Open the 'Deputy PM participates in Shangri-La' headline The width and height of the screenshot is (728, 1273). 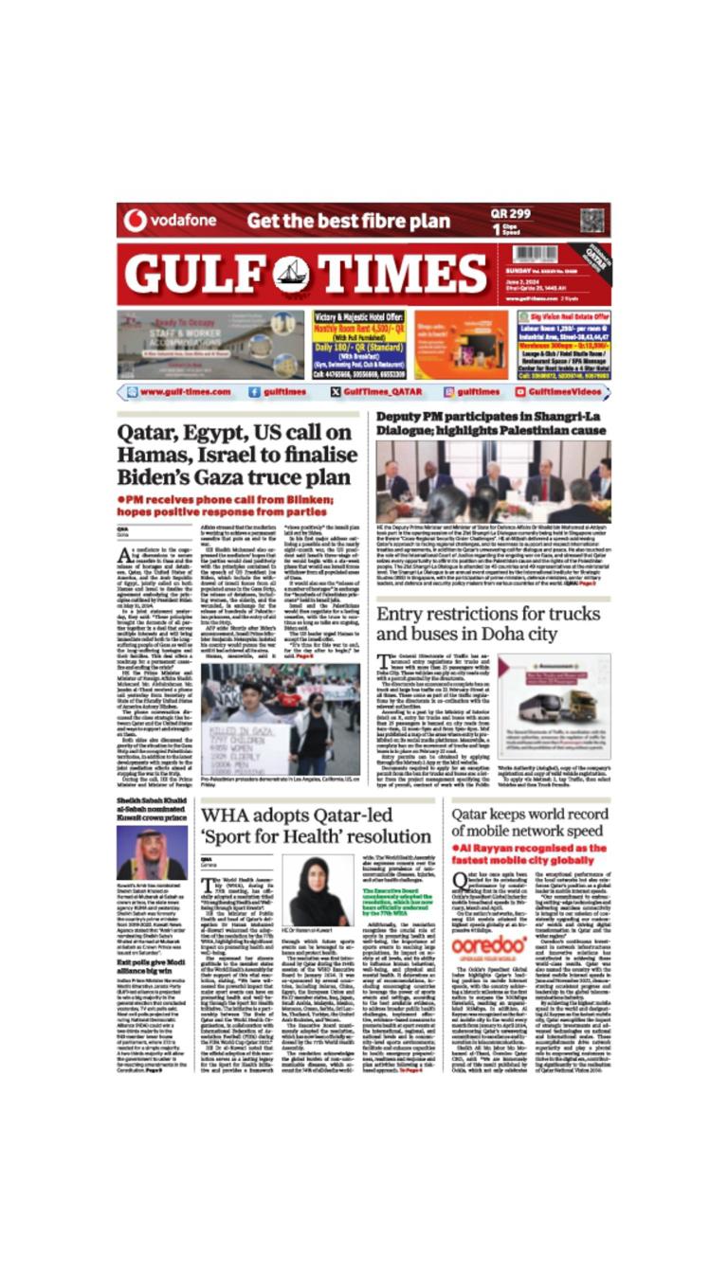tap(491, 422)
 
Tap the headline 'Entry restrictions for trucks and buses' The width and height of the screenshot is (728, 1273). tap(480, 623)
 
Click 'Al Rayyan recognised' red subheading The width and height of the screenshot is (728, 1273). tap(531, 854)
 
